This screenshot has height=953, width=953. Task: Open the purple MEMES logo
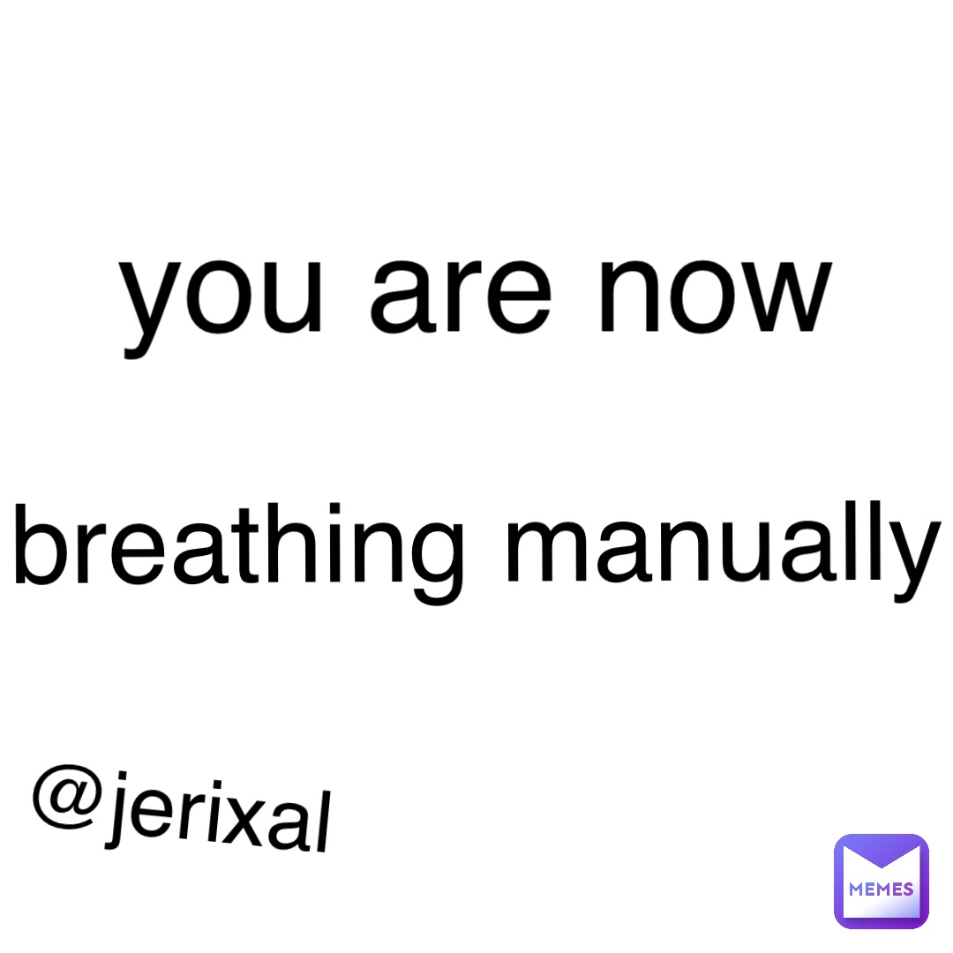pyautogui.click(x=881, y=881)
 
